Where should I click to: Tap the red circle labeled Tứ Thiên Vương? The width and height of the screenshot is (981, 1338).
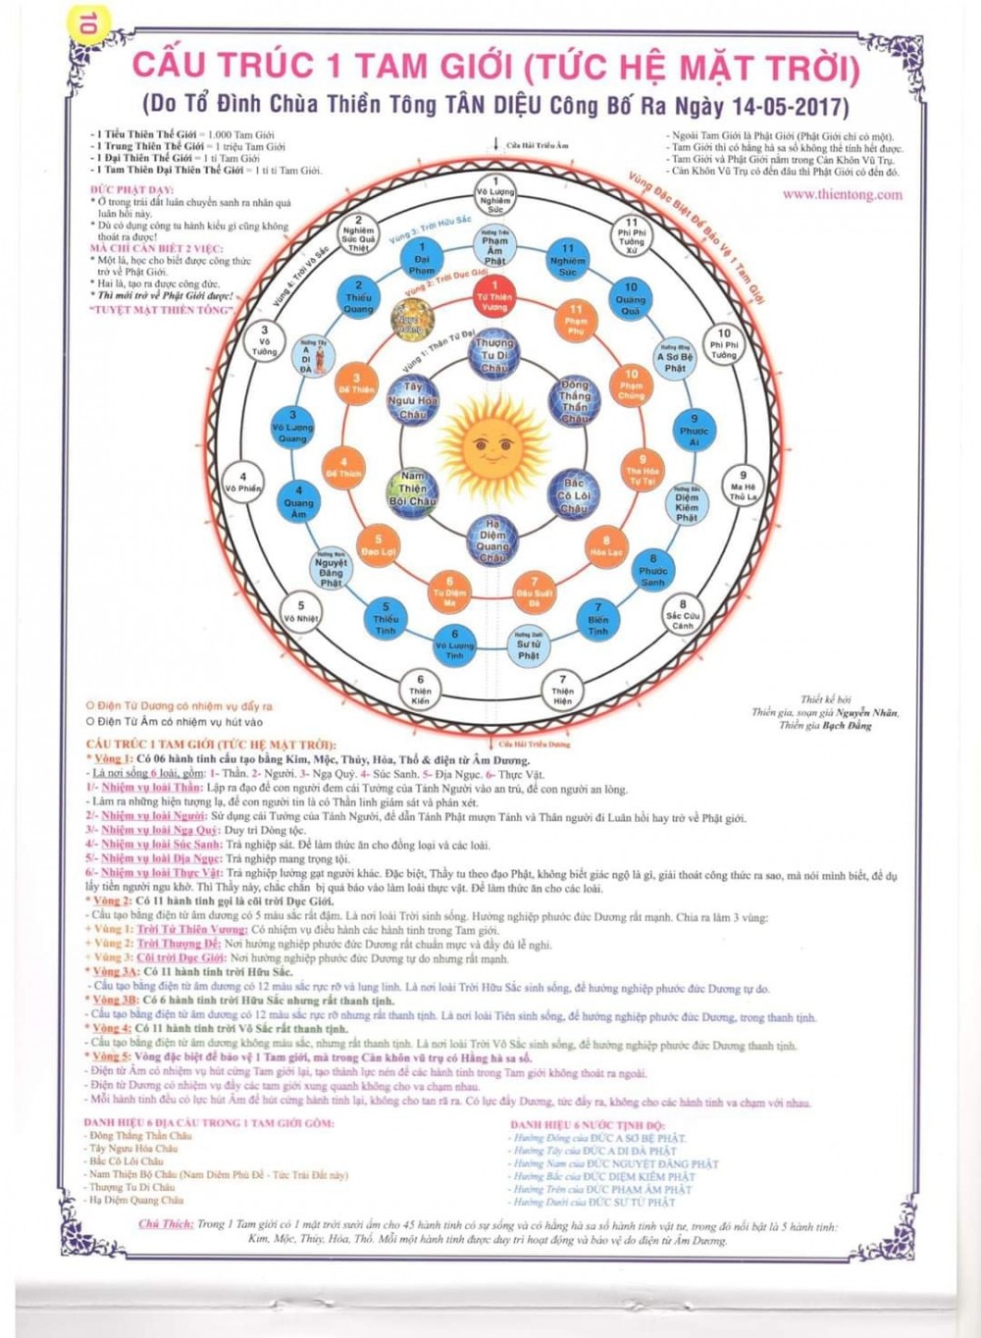tap(494, 296)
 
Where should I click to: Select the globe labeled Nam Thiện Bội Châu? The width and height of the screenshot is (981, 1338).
tap(413, 488)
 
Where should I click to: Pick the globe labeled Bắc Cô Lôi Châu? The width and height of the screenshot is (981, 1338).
tap(574, 495)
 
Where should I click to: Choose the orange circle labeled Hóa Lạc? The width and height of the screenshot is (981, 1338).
tap(606, 546)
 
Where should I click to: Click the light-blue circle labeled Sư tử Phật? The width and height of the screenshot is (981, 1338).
tap(529, 647)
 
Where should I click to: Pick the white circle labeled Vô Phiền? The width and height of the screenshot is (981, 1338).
tap(243, 482)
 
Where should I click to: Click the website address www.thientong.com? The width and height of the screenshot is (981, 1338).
tap(842, 194)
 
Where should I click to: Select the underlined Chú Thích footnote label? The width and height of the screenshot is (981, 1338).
tap(165, 1224)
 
